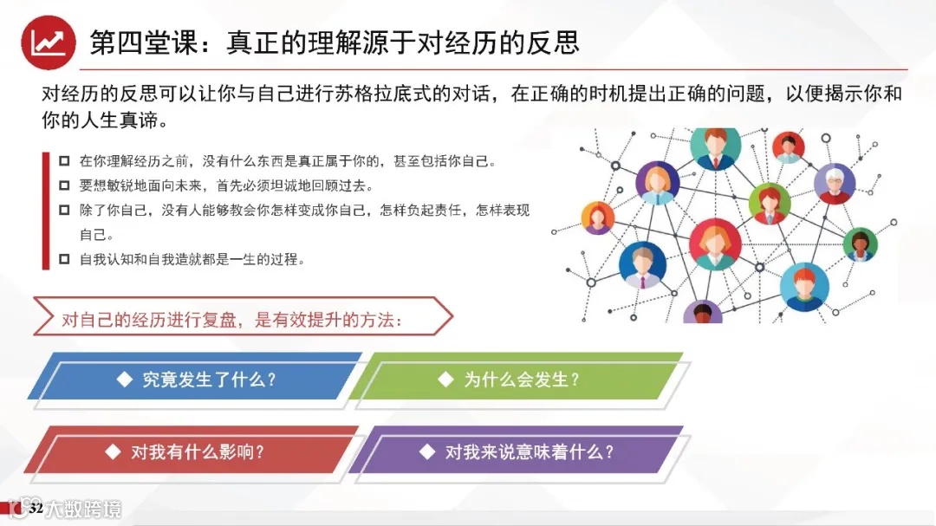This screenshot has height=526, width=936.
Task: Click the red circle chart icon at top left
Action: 48,42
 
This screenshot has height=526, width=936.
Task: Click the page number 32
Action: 36,508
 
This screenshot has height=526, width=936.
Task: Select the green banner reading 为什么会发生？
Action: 519,380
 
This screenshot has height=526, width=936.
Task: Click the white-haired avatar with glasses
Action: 835,184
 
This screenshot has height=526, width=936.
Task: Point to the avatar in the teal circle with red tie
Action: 716,147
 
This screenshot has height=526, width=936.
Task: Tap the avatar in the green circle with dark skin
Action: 861,244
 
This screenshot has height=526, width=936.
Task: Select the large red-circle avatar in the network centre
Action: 715,244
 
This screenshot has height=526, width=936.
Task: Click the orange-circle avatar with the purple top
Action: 597,218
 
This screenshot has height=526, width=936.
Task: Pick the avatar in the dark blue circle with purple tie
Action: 642,265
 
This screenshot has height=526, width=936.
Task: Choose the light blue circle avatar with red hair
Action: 804,287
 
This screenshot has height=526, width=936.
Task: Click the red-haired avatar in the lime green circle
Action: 770,204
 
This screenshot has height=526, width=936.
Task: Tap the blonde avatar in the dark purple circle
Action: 657,182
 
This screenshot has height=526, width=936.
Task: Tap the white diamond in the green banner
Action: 445,379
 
